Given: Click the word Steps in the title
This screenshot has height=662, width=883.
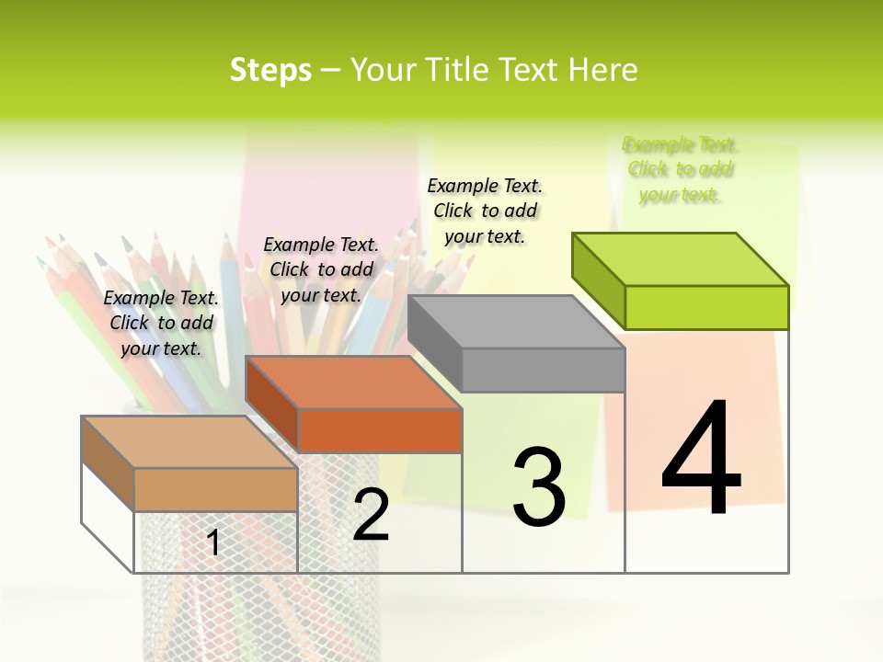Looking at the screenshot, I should pyautogui.click(x=270, y=70).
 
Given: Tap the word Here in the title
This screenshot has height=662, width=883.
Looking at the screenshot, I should pyautogui.click(x=602, y=70).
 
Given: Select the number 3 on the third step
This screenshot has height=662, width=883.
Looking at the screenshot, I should pyautogui.click(x=539, y=487).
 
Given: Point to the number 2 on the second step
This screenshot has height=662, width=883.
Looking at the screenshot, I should pyautogui.click(x=371, y=515).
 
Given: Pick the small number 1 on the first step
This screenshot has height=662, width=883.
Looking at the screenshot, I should pyautogui.click(x=213, y=542).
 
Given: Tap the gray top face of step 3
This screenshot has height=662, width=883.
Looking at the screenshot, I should pyautogui.click(x=516, y=322).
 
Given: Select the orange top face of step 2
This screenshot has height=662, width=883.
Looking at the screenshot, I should pyautogui.click(x=353, y=382).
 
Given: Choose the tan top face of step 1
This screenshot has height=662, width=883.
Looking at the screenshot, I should pyautogui.click(x=189, y=442).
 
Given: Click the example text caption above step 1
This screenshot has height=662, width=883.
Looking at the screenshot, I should pyautogui.click(x=161, y=323).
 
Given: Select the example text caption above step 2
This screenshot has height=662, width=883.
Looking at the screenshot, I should pyautogui.click(x=321, y=269).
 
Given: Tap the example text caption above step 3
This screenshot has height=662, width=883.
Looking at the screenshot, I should pyautogui.click(x=485, y=211).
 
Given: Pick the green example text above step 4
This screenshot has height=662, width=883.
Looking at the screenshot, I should pyautogui.click(x=681, y=169).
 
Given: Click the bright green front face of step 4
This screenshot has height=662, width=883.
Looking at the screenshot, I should pyautogui.click(x=706, y=307).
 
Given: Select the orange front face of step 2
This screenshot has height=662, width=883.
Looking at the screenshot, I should pyautogui.click(x=380, y=430).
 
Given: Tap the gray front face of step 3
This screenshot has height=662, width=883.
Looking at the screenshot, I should pyautogui.click(x=543, y=370).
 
